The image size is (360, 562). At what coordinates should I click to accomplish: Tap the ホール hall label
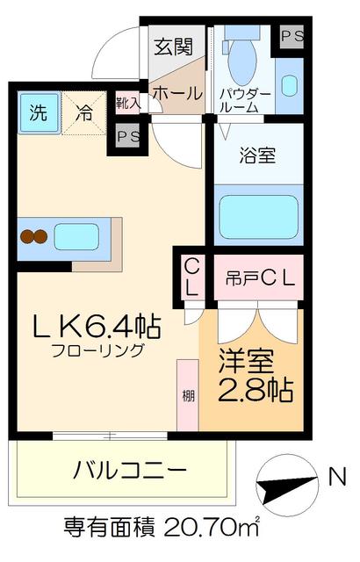(177, 92)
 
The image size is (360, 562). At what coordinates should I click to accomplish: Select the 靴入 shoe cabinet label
(127, 102)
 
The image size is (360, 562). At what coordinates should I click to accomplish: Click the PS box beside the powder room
(291, 36)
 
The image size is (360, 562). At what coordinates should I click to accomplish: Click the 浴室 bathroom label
(257, 157)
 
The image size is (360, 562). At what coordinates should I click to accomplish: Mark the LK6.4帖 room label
(96, 328)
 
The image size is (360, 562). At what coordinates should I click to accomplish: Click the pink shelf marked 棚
(186, 394)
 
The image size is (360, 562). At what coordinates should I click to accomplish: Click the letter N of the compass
(335, 477)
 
